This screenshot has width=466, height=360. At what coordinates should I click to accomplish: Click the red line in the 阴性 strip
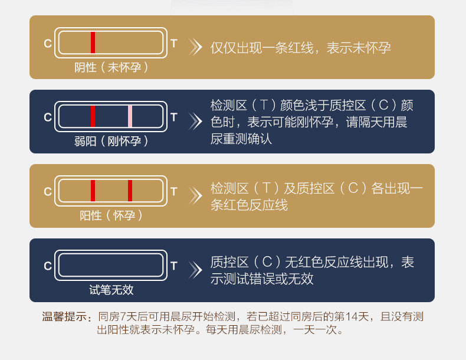93,42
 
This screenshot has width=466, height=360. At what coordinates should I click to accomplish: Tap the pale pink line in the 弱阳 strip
130,116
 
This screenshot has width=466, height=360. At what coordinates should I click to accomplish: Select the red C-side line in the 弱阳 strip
93,116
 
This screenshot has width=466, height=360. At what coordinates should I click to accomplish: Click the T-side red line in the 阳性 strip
130,191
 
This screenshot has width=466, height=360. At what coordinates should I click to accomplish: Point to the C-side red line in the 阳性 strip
93,191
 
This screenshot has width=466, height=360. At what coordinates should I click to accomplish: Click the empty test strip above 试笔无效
111,265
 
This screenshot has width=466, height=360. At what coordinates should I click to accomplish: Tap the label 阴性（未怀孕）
111,67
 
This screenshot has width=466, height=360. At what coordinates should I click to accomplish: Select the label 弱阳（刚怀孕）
111,142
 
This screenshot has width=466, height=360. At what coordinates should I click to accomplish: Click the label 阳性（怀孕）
111,215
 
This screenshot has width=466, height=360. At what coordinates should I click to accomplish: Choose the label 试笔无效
111,290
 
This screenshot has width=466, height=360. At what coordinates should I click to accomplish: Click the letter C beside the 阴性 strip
48,44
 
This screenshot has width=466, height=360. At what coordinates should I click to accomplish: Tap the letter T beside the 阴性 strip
173,43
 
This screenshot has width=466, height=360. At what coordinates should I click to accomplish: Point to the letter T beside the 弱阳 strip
173,117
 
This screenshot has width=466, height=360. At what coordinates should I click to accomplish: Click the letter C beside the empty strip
48,266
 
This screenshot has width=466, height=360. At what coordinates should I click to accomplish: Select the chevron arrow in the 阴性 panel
195,47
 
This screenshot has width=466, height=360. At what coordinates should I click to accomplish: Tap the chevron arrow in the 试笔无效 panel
195,270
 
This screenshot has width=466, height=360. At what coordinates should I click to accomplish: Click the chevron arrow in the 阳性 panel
195,195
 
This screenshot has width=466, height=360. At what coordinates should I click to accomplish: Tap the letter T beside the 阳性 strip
173,191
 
